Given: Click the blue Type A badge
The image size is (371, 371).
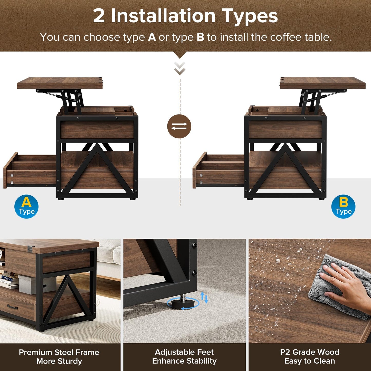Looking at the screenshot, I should [x=26, y=207].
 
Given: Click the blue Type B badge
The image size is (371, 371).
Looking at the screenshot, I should [x=343, y=207].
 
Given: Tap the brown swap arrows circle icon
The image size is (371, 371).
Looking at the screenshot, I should [x=179, y=126].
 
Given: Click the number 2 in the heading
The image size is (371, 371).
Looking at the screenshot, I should [x=99, y=16].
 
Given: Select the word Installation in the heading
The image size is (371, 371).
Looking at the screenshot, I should [x=163, y=16].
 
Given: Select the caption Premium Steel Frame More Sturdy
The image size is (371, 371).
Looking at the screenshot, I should [x=59, y=357].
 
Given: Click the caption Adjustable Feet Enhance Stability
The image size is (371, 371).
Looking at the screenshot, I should [x=184, y=357].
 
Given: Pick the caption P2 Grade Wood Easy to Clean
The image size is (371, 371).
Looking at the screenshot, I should [x=310, y=357].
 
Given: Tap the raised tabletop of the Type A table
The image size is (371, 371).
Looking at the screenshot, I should [x=60, y=83].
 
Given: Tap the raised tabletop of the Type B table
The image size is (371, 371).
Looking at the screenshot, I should [x=322, y=83].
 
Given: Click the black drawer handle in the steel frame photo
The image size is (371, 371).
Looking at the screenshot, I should [x=12, y=307].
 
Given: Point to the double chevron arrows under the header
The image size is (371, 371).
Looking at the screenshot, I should [x=179, y=68].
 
